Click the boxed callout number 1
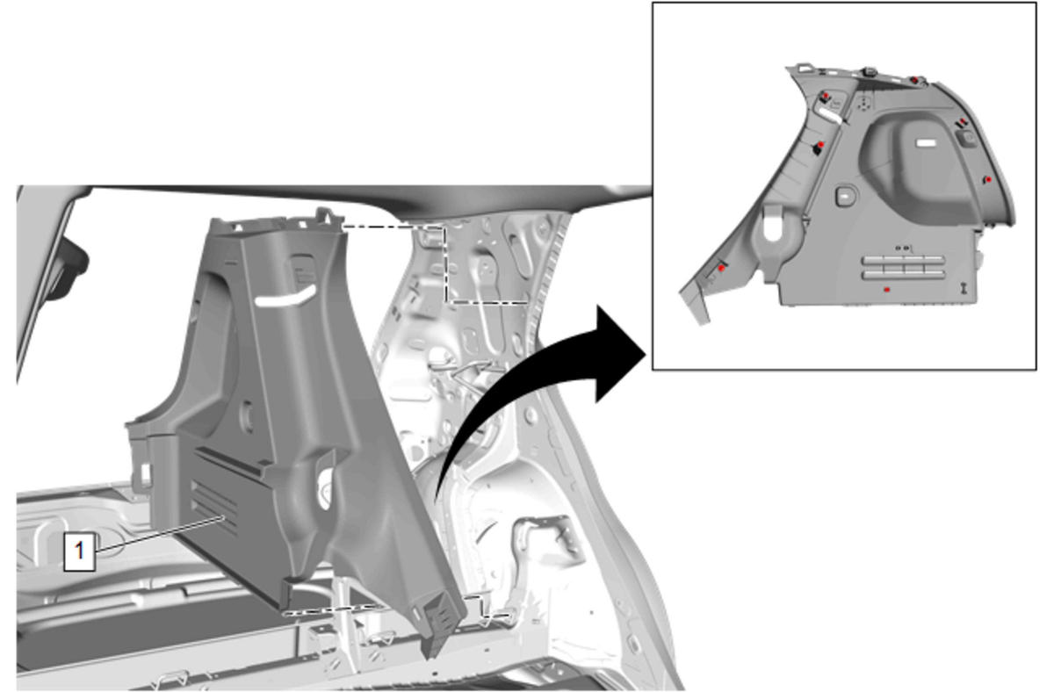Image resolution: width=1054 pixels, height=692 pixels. [80, 551]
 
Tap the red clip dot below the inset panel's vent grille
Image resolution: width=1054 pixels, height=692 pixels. [887, 290]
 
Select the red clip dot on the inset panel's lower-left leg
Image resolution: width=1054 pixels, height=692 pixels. [721, 268]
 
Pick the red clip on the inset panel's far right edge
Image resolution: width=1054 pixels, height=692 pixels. [989, 180]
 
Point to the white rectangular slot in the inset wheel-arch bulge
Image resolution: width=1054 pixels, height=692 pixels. [927, 142]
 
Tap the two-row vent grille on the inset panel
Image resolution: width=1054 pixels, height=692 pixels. [903, 268]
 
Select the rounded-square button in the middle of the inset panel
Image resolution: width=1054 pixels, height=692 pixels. [846, 196]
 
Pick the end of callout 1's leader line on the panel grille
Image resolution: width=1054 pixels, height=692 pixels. [220, 517]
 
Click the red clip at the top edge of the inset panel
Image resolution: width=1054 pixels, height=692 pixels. [913, 80]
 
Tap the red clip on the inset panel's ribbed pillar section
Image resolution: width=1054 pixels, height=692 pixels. [820, 144]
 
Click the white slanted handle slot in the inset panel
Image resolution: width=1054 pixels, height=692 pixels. [832, 116]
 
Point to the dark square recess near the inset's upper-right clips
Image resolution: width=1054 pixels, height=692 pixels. [967, 138]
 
